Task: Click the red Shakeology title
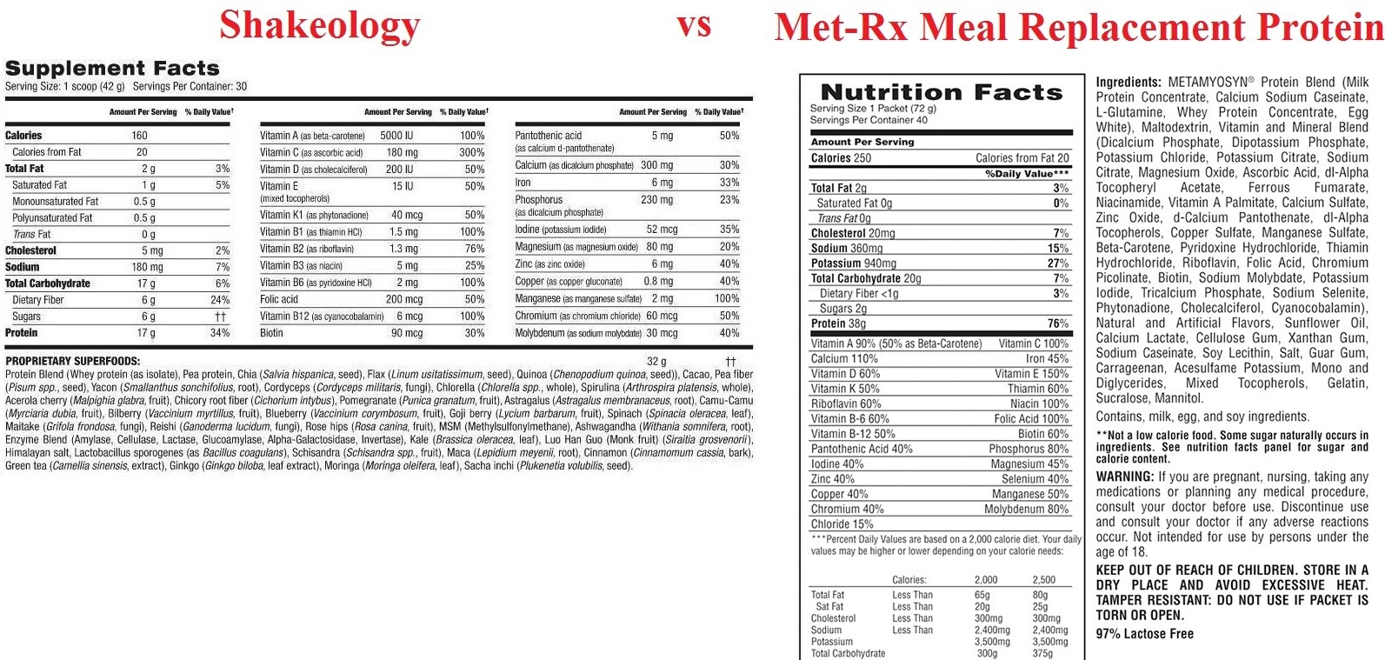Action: (x=320, y=26)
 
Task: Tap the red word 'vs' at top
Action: (x=694, y=25)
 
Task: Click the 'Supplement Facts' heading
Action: (x=112, y=68)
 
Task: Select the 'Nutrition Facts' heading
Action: (x=942, y=92)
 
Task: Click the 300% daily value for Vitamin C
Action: (x=472, y=152)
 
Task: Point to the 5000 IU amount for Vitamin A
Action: (x=396, y=136)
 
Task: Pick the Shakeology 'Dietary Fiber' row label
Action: (x=37, y=300)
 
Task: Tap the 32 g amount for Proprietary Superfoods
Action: (x=656, y=361)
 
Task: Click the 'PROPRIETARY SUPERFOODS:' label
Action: (x=73, y=361)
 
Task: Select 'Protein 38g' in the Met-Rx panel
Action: (x=838, y=323)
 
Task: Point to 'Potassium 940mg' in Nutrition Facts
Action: (x=853, y=263)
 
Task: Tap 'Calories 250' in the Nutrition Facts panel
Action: (x=841, y=157)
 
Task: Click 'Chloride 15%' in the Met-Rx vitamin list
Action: (x=842, y=524)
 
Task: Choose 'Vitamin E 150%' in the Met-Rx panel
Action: (x=1031, y=374)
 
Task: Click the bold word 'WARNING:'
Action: (x=1125, y=477)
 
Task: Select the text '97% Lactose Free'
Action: (x=1144, y=633)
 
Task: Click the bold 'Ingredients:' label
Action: (x=1129, y=83)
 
